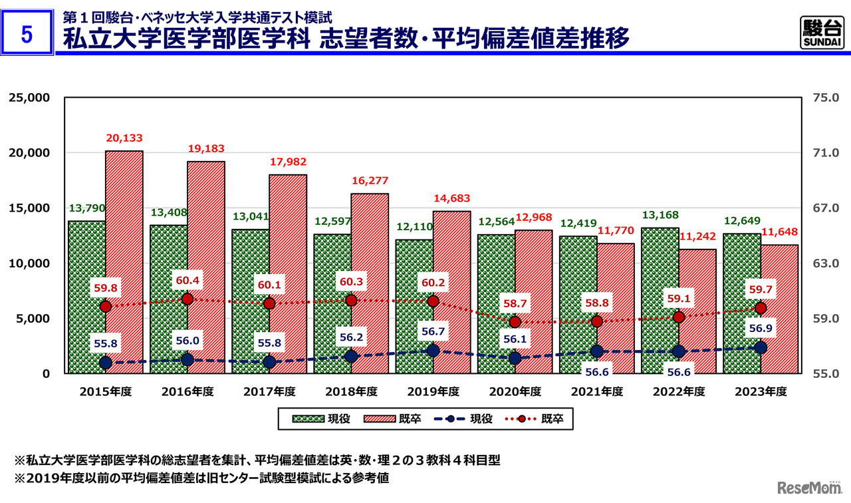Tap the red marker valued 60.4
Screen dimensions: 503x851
coord(187,299)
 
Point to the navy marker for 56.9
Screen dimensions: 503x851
coord(761,347)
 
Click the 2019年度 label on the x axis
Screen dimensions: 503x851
coord(433,392)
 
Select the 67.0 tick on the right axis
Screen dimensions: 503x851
coord(826,208)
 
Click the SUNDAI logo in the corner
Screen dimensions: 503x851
coord(821,33)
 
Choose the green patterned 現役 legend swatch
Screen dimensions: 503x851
coord(308,419)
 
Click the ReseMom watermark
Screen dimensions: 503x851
coord(806,488)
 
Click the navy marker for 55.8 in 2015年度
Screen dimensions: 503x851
coord(105,363)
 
